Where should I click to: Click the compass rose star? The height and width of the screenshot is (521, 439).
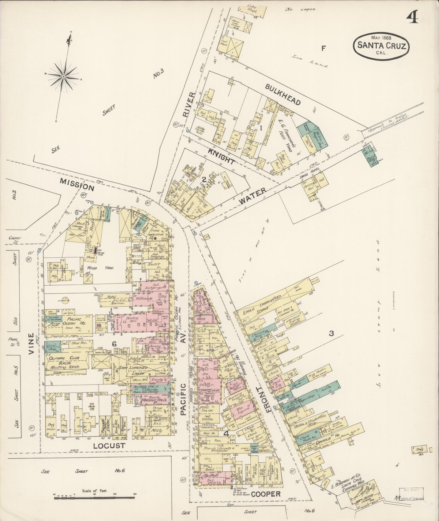pos(63,77)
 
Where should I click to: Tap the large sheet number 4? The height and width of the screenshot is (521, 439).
pos(412,19)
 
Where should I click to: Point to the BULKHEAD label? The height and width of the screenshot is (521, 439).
pos(283,94)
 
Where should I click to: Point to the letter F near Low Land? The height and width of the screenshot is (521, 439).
pos(323,49)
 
